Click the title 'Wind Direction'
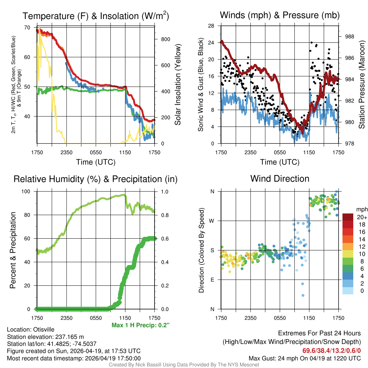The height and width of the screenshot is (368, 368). pos(280,179)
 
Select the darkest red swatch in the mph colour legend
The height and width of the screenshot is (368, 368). pos(348,217)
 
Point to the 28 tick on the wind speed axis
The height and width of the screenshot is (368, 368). pos(212,26)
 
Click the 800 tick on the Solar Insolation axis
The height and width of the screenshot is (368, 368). pos(165,39)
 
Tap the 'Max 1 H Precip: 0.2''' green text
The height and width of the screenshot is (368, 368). pos(141,325)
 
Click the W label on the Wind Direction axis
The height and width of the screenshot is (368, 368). pos(212,221)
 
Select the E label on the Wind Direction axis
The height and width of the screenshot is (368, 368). pos(212,280)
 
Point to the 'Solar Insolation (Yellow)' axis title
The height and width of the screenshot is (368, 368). pos(178,85)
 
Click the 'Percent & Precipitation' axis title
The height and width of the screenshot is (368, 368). pos(13,250)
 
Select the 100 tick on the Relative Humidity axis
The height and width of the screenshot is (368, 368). pos(27,192)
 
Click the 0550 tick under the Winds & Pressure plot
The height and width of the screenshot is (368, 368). pos(280,153)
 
